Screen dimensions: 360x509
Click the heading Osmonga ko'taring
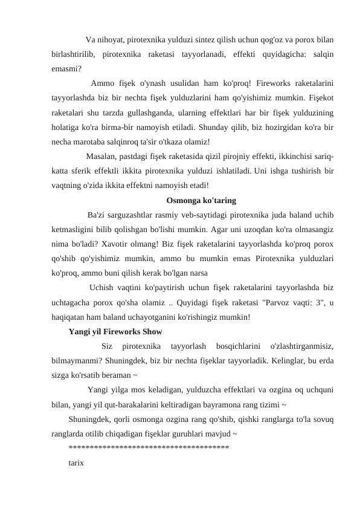click(x=201, y=200)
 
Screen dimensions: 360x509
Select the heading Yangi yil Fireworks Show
click(x=115, y=331)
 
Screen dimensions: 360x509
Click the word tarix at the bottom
click(x=77, y=462)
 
